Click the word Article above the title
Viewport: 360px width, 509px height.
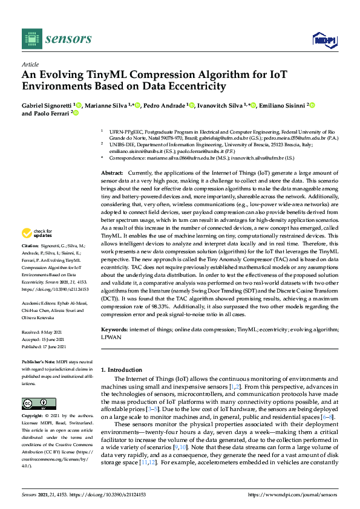click(30, 63)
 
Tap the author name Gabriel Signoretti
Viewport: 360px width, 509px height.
click(47, 106)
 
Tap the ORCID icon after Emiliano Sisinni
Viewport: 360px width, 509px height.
click(313, 106)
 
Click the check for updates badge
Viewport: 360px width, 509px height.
click(38, 233)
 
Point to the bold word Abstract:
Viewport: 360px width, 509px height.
click(113, 173)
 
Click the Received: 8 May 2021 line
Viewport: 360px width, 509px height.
click(43, 332)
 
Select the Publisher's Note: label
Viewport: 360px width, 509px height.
click(38, 360)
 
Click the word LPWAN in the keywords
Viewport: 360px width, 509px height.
click(112, 337)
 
